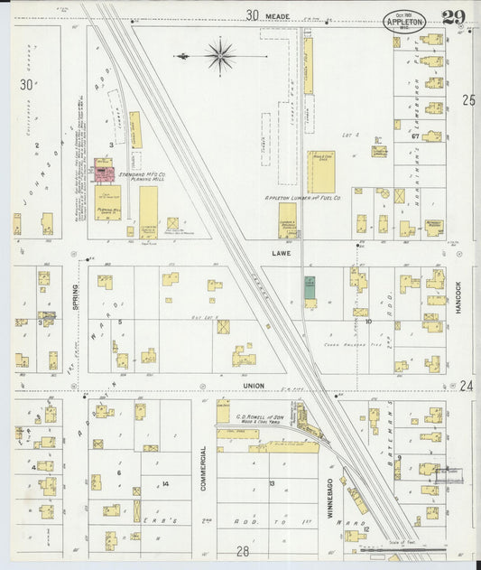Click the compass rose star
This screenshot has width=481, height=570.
click(x=220, y=56)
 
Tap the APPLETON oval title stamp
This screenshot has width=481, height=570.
click(x=403, y=21)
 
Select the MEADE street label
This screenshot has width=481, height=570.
click(x=278, y=15)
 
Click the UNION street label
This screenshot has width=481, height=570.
click(x=254, y=386)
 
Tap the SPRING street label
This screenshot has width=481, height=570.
click(x=76, y=292)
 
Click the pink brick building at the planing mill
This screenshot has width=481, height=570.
click(x=104, y=170)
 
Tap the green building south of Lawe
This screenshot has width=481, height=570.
click(x=310, y=286)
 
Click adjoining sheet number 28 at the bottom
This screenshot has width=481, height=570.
click(x=242, y=550)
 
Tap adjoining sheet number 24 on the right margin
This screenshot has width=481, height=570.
click(x=467, y=386)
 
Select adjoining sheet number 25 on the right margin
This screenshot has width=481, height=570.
click(x=467, y=99)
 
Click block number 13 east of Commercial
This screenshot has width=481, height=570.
click(x=271, y=483)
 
